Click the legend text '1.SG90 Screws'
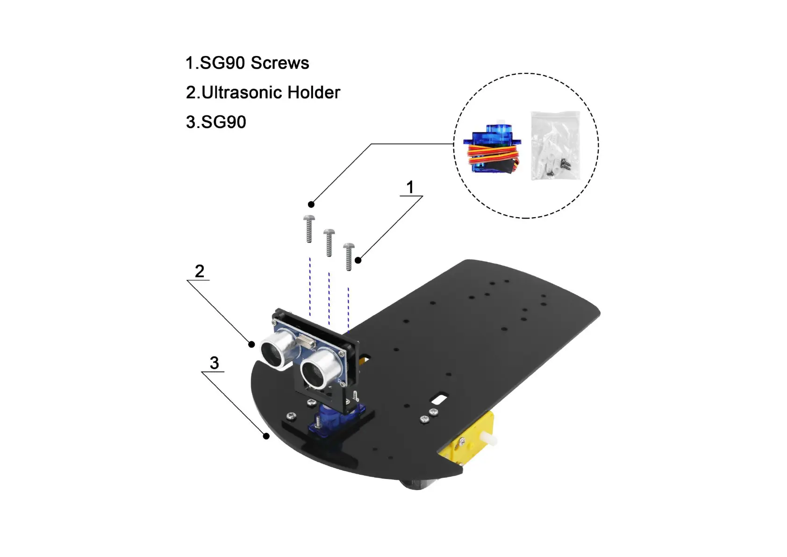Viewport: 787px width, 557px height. (247, 63)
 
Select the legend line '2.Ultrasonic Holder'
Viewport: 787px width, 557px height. (263, 93)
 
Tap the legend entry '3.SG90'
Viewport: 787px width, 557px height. (216, 122)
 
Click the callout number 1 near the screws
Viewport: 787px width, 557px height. (410, 187)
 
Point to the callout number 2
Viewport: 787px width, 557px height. (200, 271)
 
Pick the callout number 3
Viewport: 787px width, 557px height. (214, 363)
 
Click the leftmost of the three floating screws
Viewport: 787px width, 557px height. (309, 229)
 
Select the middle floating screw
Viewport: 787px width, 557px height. (329, 242)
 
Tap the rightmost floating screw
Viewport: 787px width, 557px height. (349, 256)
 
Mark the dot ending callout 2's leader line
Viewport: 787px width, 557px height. (251, 344)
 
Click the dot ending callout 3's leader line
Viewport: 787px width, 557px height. (266, 436)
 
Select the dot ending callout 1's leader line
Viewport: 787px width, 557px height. (358, 260)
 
